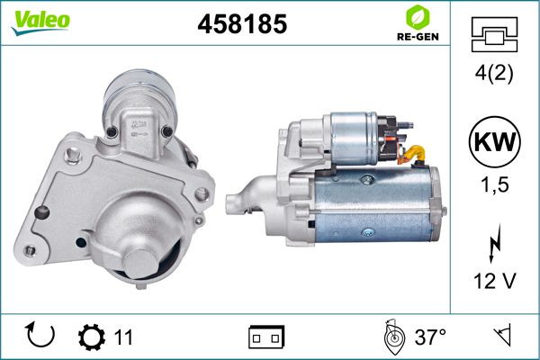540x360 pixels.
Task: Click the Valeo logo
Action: tap(40, 22)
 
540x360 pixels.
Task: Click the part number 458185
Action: tap(242, 24)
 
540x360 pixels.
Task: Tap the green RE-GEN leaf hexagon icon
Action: tap(418, 17)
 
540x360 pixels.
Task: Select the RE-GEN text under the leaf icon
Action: tap(418, 37)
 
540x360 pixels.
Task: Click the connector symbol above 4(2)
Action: tap(494, 34)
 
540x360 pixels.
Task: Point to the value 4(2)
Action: tap(494, 73)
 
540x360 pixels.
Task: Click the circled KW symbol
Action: tap(494, 141)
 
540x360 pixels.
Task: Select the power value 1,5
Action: tap(494, 184)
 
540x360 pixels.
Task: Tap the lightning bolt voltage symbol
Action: tap(494, 243)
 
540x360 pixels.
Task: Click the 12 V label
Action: tap(494, 281)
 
